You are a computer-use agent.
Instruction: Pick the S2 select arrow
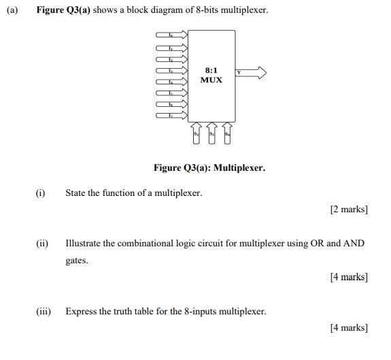click(x=197, y=135)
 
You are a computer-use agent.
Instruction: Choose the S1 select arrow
click(x=211, y=135)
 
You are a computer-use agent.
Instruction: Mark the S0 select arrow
click(x=227, y=135)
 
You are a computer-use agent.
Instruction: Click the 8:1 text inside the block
click(x=211, y=70)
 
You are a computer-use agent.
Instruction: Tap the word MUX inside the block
click(x=211, y=80)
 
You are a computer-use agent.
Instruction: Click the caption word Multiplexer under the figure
click(x=239, y=167)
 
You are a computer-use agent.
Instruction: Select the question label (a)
click(x=11, y=10)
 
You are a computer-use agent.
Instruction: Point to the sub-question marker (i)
click(x=41, y=193)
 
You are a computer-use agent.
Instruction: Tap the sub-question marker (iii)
click(x=44, y=312)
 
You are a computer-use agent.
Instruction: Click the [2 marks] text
click(x=349, y=209)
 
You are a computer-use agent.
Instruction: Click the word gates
click(x=77, y=261)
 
